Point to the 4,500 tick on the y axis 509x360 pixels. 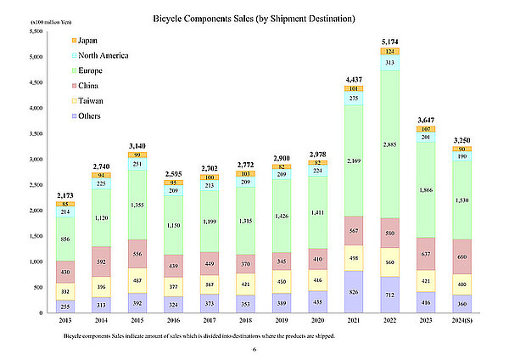(x=36, y=82)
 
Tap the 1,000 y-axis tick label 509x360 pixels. (x=36, y=262)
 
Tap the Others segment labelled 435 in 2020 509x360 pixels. (x=318, y=301)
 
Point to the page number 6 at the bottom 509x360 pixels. (x=254, y=349)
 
